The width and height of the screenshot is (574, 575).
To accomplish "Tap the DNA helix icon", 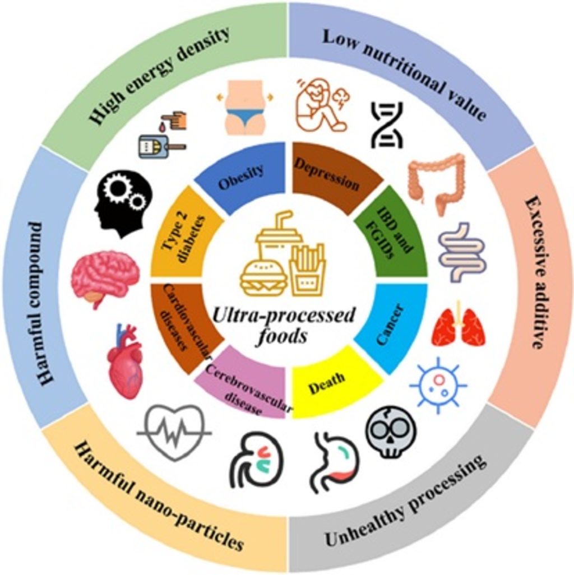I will [387, 124].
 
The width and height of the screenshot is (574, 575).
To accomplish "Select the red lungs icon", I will [458, 327].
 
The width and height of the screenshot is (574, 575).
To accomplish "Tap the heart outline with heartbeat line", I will [174, 432].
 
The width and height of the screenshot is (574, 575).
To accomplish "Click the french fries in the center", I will [307, 269].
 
